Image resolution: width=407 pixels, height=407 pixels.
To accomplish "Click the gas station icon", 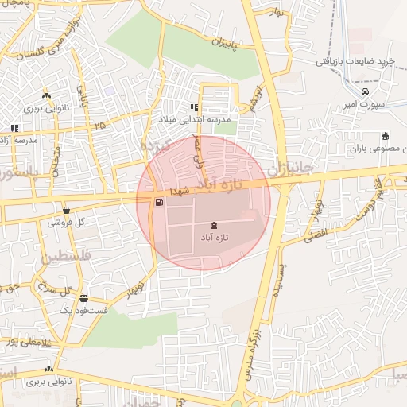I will tap(161, 203).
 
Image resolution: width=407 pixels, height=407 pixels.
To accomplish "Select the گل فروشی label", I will tap(65, 223).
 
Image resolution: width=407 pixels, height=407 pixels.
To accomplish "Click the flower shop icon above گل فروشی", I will tap(65, 211).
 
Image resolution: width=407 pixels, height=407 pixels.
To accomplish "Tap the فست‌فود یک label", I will tap(83, 308).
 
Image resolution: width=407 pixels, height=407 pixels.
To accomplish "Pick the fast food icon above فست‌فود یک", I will tap(83, 298).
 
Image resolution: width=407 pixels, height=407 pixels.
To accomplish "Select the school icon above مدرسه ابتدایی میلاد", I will tap(194, 107).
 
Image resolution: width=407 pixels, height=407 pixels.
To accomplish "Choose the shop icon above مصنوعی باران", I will tap(386, 135).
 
